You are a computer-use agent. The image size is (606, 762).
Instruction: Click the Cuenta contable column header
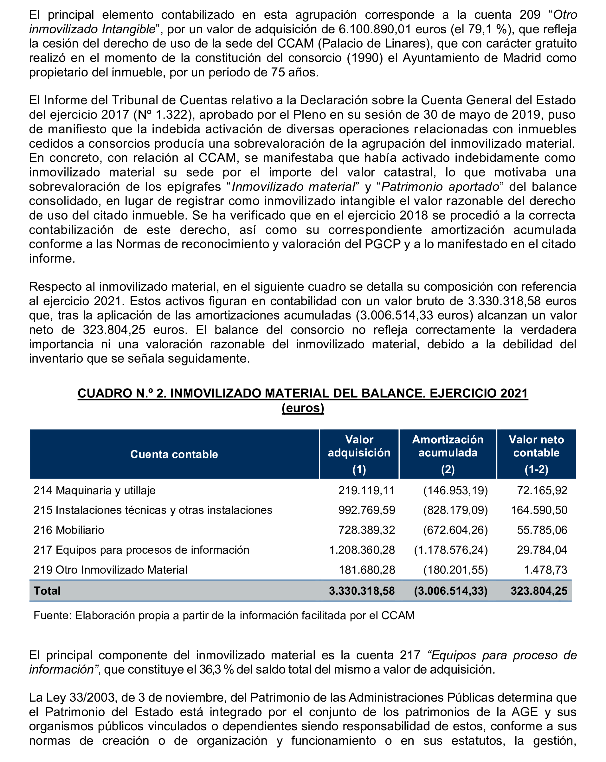click(174, 454)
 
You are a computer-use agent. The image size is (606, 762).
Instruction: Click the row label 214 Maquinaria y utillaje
click(94, 490)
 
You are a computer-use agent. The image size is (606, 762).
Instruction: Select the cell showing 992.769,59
click(367, 510)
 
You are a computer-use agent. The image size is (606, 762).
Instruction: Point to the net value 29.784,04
click(542, 550)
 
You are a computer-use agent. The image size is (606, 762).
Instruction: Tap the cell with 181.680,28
click(367, 570)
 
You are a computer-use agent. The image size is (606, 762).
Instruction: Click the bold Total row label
click(47, 591)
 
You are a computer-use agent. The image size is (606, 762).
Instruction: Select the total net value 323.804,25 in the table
click(538, 591)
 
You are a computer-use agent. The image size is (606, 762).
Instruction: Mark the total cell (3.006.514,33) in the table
click(451, 591)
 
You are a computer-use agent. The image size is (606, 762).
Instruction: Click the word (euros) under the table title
click(303, 408)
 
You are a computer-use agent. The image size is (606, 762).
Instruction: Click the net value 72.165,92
click(542, 490)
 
